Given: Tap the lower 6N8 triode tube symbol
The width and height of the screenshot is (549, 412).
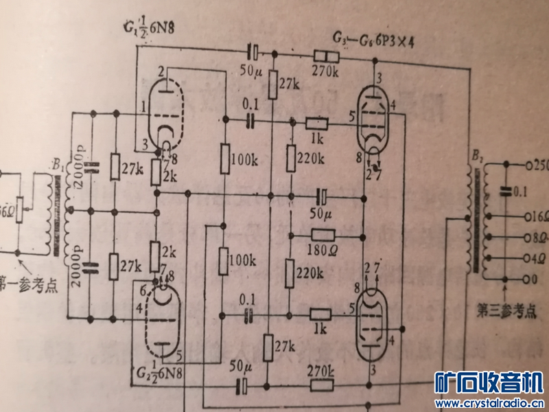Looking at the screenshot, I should click(163, 320).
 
